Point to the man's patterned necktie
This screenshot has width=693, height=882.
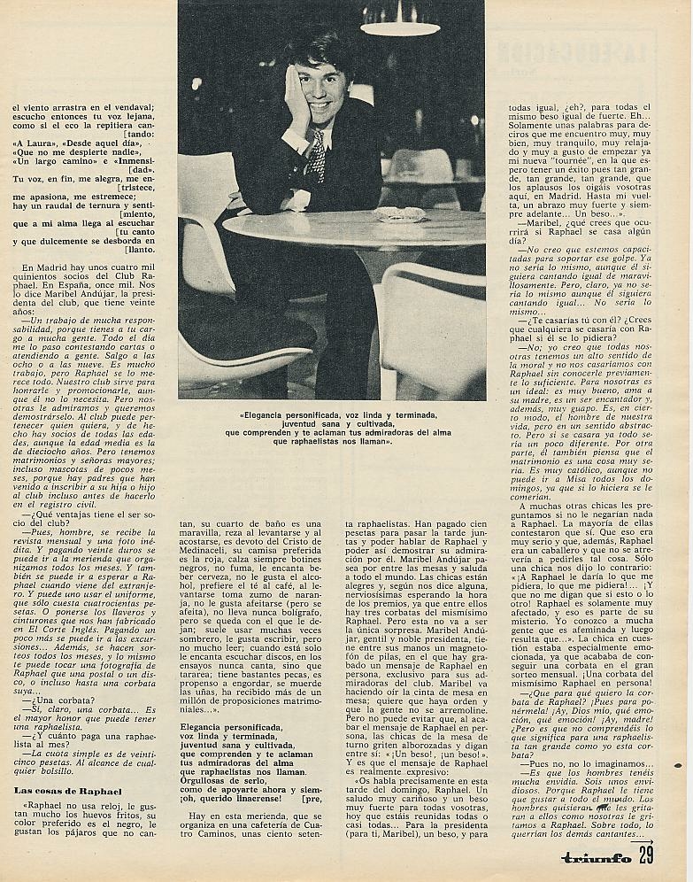tap(316, 157)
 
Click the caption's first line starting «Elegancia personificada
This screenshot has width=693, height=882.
tap(332, 414)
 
